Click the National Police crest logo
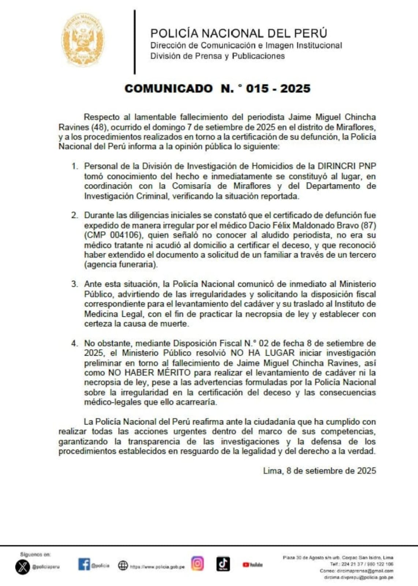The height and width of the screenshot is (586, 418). tap(83, 40)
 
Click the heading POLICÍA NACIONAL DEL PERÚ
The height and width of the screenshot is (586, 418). tap(239, 33)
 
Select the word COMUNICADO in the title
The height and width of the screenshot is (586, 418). tap(169, 88)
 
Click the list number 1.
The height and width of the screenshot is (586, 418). tap(75, 166)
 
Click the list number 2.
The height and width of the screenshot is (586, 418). tap(75, 215)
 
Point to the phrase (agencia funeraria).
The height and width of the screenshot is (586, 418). tap(121, 264)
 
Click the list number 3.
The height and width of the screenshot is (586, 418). tap(75, 284)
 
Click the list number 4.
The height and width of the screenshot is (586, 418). tap(75, 344)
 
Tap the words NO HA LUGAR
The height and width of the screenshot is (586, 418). tap(262, 353)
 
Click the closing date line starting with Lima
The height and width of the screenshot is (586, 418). tap(319, 471)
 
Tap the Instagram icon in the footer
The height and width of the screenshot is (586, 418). tap(198, 564)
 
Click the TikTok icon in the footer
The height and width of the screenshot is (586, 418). tap(223, 564)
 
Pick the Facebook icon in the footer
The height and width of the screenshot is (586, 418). tap(84, 564)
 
